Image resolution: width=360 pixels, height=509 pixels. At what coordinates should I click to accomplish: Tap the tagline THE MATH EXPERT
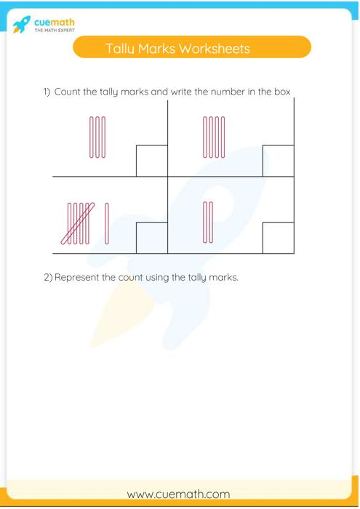pyautogui.click(x=55, y=31)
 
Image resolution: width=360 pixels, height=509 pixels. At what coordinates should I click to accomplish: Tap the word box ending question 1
pyautogui.click(x=282, y=92)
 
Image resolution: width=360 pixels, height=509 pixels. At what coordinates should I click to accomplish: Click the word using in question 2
pyautogui.click(x=155, y=277)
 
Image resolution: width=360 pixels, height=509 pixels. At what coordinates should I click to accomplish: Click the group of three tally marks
pyautogui.click(x=97, y=137)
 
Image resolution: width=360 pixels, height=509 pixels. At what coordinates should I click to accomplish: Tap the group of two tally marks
pyautogui.click(x=208, y=223)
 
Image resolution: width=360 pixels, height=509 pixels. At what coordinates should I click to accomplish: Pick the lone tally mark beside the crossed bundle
pyautogui.click(x=107, y=223)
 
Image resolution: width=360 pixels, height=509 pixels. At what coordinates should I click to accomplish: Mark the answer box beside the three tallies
pyautogui.click(x=152, y=161)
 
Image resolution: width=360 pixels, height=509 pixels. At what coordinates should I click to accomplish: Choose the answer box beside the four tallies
pyautogui.click(x=278, y=161)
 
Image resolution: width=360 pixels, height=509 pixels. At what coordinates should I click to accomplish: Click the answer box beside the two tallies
pyautogui.click(x=278, y=238)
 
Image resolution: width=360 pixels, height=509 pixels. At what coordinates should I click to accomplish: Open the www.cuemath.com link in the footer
pyautogui.click(x=178, y=494)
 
